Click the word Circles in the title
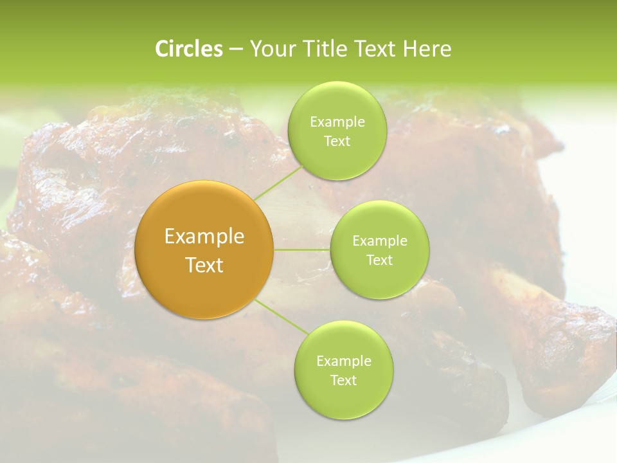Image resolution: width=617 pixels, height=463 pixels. [x=189, y=49]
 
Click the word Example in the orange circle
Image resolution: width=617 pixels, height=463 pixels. [x=204, y=237]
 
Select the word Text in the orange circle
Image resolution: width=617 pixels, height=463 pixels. [x=204, y=265]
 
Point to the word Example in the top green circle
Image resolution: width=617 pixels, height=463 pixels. [x=337, y=122]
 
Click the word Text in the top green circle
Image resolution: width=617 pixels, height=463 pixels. [x=337, y=141]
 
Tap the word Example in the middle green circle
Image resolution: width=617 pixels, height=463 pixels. [x=380, y=241]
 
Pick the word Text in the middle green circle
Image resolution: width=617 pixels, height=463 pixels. [x=380, y=260]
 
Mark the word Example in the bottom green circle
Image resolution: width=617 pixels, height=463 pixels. [x=343, y=361]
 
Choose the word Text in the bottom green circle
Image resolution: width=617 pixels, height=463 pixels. [x=343, y=381]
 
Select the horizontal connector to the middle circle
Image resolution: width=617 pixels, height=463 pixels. [x=302, y=250]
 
